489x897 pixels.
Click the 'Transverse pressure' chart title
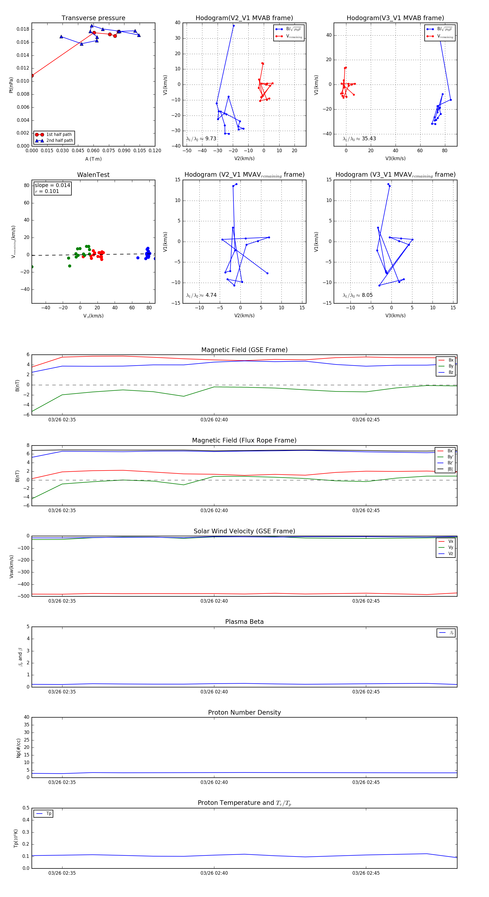pos(93,18)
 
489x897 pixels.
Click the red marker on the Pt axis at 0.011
pos(32,76)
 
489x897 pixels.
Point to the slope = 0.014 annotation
pos(52,185)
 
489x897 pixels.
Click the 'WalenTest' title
pos(93,175)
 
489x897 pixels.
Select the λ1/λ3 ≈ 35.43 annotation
pos(359,139)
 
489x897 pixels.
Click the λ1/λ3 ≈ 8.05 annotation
pos(358,295)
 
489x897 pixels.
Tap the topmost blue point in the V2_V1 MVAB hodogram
pos(234,26)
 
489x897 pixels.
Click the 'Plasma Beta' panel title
pos(244,622)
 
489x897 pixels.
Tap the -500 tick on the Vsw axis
pos(24,596)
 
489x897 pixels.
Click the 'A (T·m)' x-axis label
pos(93,159)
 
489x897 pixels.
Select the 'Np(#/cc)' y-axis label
pos(18,748)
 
